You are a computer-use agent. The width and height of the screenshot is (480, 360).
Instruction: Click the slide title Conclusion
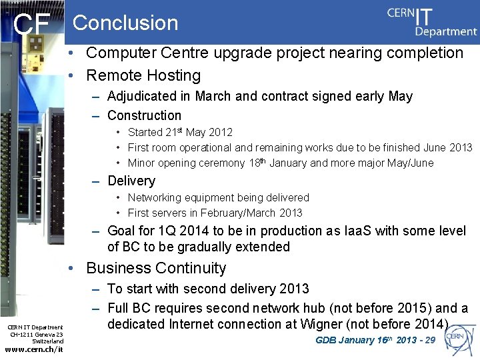125,23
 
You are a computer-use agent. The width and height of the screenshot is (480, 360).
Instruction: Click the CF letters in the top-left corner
32,25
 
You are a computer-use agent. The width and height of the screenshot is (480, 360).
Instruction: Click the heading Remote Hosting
143,76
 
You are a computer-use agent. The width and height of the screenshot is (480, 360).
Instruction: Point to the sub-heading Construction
144,115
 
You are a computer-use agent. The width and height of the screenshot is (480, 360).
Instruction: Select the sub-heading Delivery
131,181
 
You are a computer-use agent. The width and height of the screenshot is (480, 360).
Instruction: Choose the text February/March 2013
255,213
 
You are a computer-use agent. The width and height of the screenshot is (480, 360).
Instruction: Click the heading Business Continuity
156,268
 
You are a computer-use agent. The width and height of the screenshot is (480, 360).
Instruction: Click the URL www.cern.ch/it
34,349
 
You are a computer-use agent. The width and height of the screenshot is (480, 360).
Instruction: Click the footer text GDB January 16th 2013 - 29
375,340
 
